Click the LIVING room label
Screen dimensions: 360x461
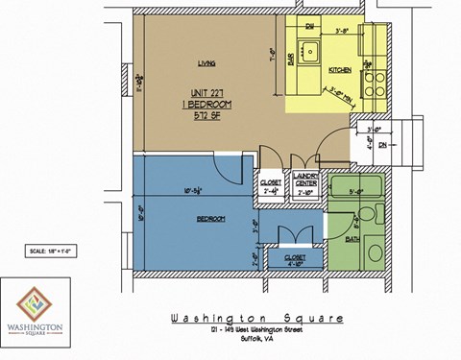click(x=205, y=65)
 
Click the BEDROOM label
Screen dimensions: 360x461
click(x=211, y=219)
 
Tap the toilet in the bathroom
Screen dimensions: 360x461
click(x=376, y=252)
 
